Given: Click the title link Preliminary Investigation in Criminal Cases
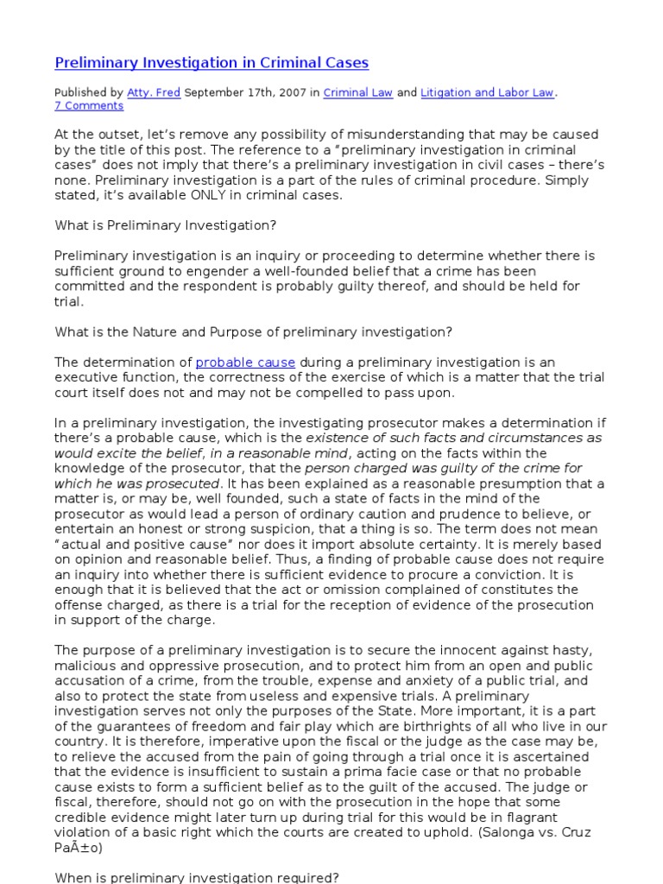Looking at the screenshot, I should pyautogui.click(x=212, y=63).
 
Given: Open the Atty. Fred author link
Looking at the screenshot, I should pyautogui.click(x=154, y=92).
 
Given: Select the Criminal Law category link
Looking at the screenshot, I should pyautogui.click(x=357, y=92).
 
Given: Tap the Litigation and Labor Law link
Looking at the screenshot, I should pyautogui.click(x=487, y=92).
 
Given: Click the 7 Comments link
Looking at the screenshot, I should pyautogui.click(x=89, y=106).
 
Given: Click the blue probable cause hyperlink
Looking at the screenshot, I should pyautogui.click(x=245, y=363).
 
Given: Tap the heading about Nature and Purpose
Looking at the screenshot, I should pyautogui.click(x=254, y=332).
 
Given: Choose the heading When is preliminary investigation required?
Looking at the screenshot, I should pyautogui.click(x=197, y=878).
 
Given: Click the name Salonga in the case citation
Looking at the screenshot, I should pyautogui.click(x=506, y=832).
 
